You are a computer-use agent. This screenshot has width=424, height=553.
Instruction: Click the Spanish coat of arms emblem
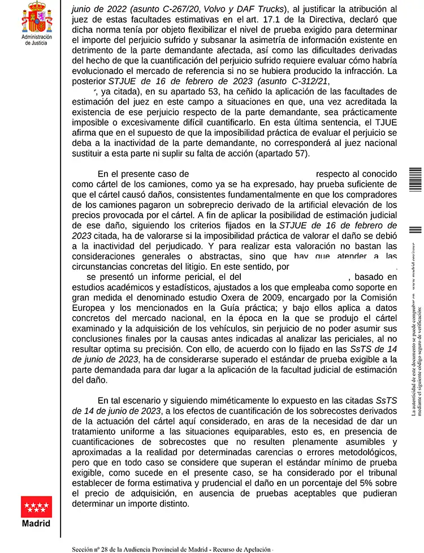click(x=36, y=17)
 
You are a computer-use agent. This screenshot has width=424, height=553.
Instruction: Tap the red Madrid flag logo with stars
click(x=36, y=507)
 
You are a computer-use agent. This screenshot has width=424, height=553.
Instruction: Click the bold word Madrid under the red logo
click(x=36, y=523)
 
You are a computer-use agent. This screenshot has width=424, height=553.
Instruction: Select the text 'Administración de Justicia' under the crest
click(x=36, y=39)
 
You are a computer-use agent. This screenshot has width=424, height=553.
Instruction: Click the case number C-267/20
click(x=166, y=10)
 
